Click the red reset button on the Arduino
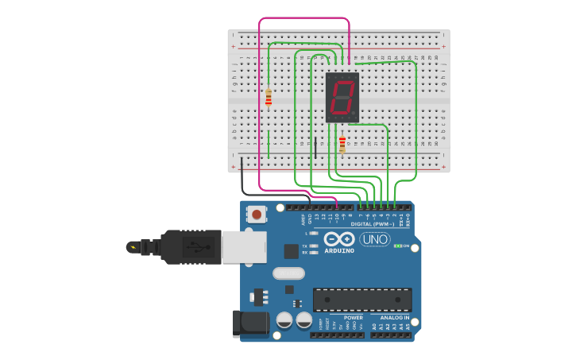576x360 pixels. point(257,214)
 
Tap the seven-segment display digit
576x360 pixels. point(342,97)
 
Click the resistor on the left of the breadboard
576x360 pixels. point(269,97)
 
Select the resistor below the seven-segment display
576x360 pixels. point(342,144)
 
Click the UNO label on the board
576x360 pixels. point(375,239)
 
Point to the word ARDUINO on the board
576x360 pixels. point(339,250)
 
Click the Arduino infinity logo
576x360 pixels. point(339,238)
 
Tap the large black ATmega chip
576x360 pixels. point(362,300)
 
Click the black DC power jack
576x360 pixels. point(247,324)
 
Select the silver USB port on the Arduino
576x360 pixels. point(243,246)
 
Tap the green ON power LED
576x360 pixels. point(397,246)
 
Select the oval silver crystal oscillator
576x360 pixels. point(288,273)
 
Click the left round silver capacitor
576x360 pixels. point(284,320)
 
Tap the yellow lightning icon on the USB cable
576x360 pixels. point(133,247)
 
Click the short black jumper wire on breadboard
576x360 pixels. point(315,148)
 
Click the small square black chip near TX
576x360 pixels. point(292,250)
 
